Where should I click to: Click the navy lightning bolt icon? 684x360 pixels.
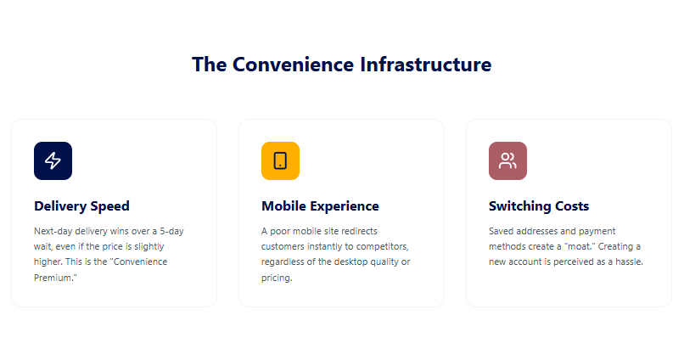click(x=53, y=160)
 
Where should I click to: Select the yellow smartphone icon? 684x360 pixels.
click(x=280, y=160)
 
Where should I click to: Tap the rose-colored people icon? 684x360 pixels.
click(x=507, y=160)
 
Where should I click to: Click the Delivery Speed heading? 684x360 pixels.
click(x=81, y=205)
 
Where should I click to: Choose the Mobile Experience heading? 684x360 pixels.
click(x=320, y=205)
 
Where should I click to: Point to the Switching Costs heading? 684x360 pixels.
click(x=539, y=205)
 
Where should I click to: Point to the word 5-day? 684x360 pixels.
click(x=171, y=231)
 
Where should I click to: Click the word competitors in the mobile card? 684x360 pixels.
click(x=379, y=246)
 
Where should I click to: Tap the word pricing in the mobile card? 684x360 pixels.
click(x=277, y=278)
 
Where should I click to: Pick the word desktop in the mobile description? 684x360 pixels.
click(x=353, y=262)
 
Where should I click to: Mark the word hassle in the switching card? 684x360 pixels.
click(x=626, y=262)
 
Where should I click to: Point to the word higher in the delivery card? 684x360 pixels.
click(x=48, y=262)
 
